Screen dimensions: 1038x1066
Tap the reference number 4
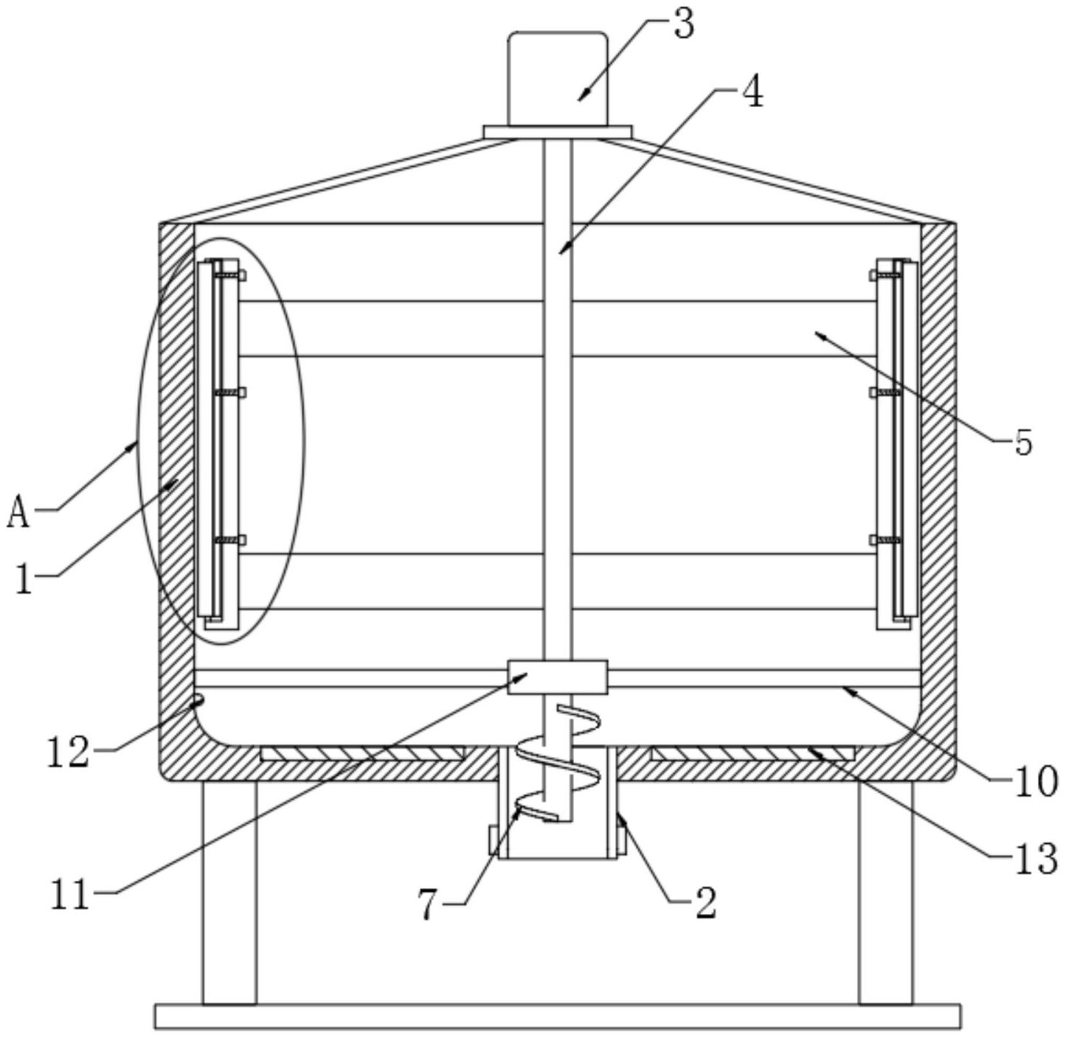752,94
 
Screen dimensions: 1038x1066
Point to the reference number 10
1036,782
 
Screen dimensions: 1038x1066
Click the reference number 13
1036,859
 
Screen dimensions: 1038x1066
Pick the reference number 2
705,902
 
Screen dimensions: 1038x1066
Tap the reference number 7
428,904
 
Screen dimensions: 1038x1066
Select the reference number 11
70,894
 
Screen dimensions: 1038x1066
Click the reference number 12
68,752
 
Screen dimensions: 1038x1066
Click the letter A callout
18,512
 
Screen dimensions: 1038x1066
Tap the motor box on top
557,77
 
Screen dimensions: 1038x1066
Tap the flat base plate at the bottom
557,1016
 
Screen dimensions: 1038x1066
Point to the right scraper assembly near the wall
896,443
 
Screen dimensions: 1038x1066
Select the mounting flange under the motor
557,131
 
